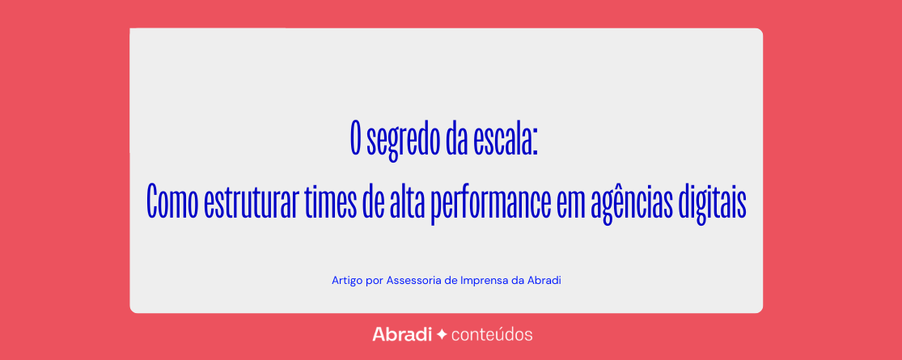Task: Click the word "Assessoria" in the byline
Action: (411, 281)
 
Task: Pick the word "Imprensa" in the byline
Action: (484, 282)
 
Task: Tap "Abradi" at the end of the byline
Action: (544, 281)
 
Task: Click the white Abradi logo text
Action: (402, 334)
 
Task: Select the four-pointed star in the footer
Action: (442, 334)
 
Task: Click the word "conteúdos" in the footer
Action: (492, 334)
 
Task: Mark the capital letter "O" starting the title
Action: (356, 138)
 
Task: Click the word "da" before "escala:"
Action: (455, 138)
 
